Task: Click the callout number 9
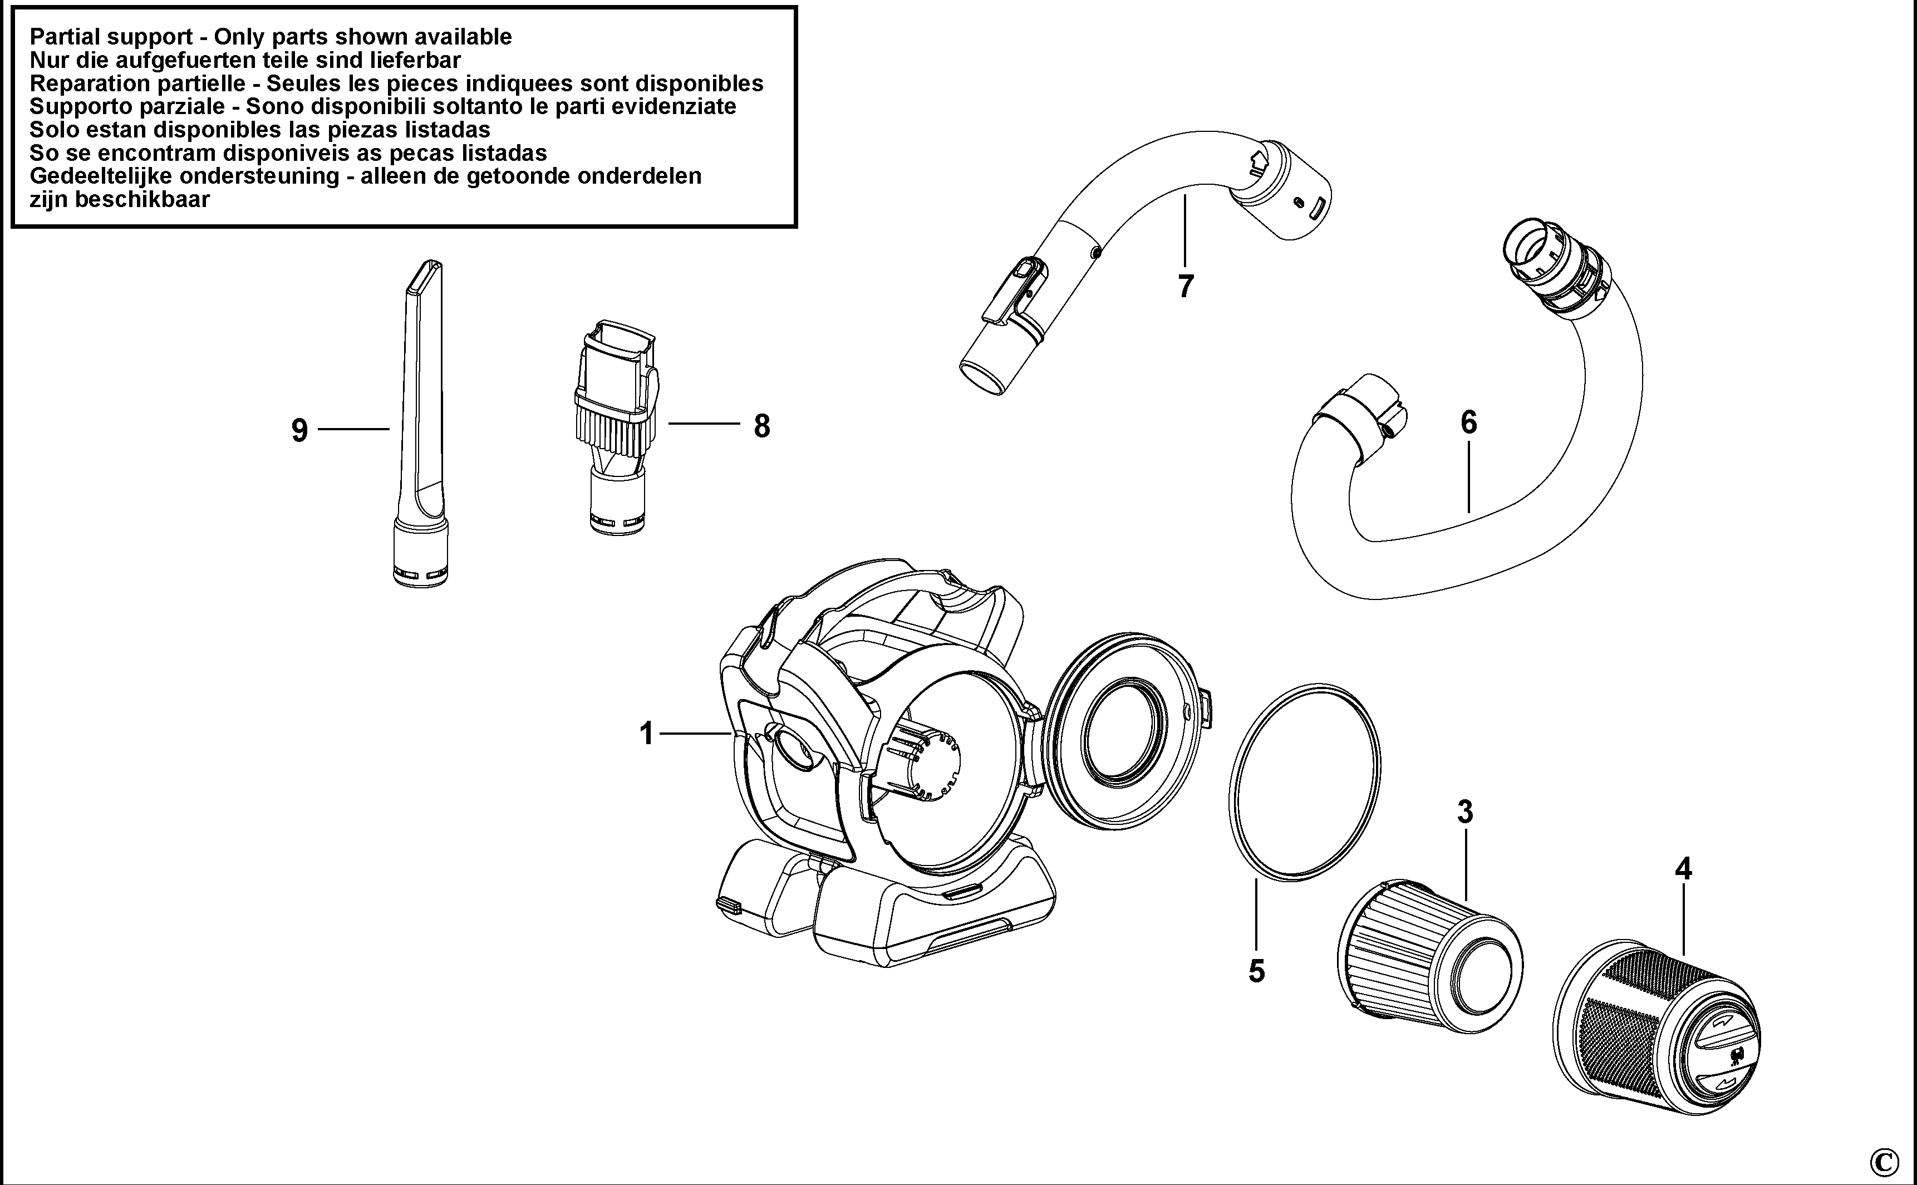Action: [x=299, y=430]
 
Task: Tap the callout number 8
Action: [x=762, y=426]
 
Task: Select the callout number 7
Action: [x=1186, y=287]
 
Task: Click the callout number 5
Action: [x=1256, y=971]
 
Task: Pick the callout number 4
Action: [x=1683, y=868]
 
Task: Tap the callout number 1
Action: [x=647, y=734]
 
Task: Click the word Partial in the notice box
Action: [x=68, y=37]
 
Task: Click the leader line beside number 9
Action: [x=353, y=429]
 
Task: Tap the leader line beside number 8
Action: [x=704, y=424]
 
